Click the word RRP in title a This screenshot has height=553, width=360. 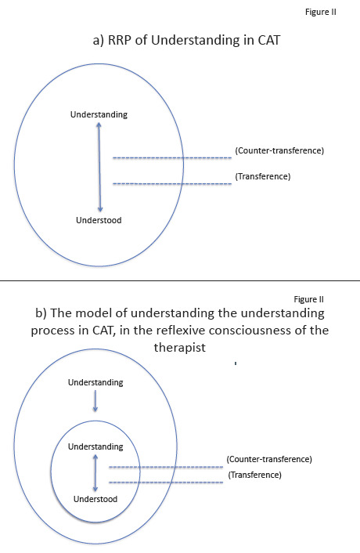click(120, 40)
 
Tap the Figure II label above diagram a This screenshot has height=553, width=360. click(321, 12)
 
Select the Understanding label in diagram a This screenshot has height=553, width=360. click(99, 114)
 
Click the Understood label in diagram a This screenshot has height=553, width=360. click(99, 220)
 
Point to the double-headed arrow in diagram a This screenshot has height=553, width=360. click(99, 167)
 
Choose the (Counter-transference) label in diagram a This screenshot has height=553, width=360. click(279, 150)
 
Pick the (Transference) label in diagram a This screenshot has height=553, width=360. click(263, 176)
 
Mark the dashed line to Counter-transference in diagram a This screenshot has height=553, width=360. click(172, 157)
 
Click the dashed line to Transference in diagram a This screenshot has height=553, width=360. click(172, 184)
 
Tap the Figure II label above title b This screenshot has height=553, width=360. click(308, 299)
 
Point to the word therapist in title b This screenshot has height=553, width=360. click(180, 348)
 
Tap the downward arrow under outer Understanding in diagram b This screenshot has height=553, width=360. click(95, 400)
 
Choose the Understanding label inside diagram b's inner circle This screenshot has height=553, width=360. click(95, 446)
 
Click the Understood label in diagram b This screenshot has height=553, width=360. click(95, 499)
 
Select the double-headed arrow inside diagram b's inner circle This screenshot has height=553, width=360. click(95, 473)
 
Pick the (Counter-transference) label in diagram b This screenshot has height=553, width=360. click(269, 459)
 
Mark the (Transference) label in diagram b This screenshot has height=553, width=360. click(254, 475)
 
